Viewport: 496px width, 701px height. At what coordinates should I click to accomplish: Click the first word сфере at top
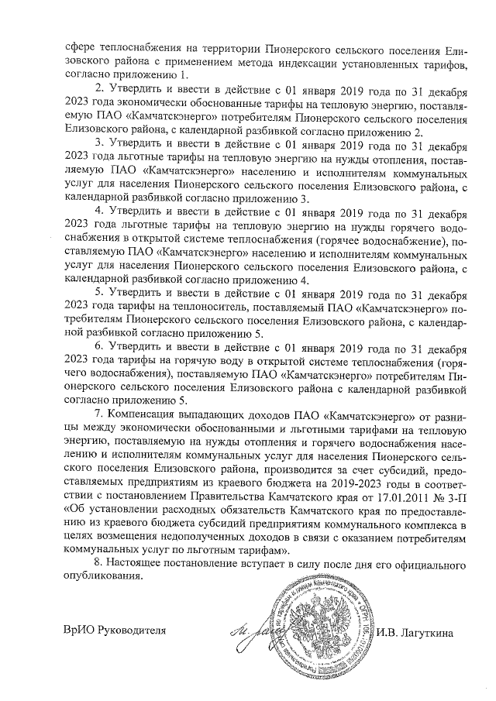pos(81,48)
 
